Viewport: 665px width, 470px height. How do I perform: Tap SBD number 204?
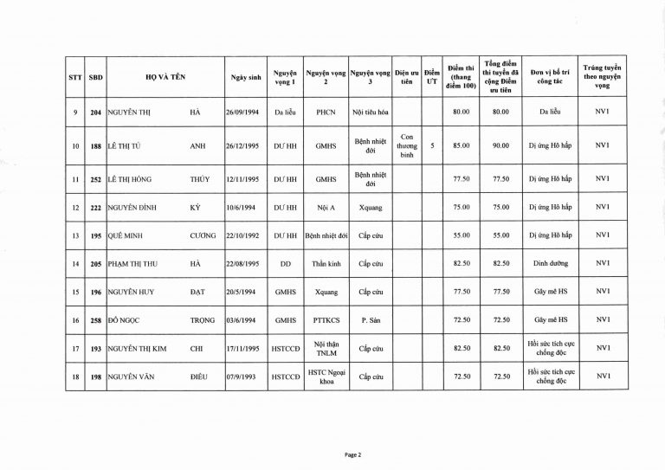(97, 112)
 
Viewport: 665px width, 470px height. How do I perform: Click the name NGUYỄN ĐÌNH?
(132, 207)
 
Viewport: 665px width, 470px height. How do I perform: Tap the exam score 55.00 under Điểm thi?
(461, 235)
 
